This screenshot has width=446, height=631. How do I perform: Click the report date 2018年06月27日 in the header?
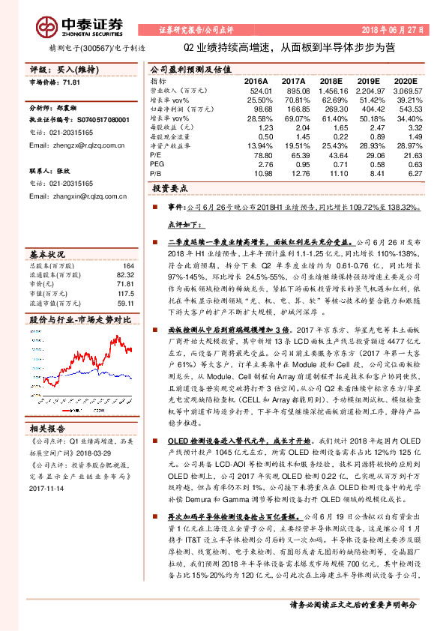pyautogui.click(x=398, y=30)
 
